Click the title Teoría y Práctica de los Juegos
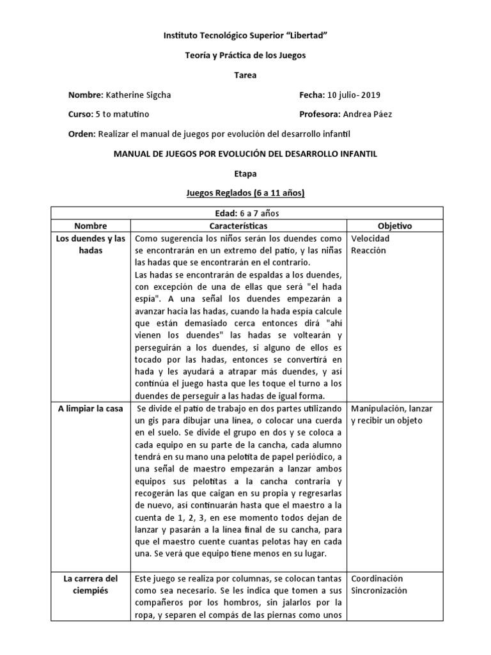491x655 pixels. coord(245,56)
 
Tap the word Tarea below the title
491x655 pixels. coord(245,75)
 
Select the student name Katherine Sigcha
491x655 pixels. coord(137,95)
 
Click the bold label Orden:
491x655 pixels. coord(81,134)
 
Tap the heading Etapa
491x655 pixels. coord(245,173)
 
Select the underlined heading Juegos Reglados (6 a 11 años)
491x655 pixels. coord(245,193)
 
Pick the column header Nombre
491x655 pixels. coord(90,226)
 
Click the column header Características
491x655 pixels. coord(238,226)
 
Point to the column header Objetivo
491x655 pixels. coord(394,226)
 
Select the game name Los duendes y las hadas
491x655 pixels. coord(90,244)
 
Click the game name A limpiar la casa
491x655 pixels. coord(90,408)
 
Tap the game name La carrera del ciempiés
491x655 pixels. coord(90,584)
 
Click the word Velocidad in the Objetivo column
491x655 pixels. coord(370,239)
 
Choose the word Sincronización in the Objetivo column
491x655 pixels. coord(379,590)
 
